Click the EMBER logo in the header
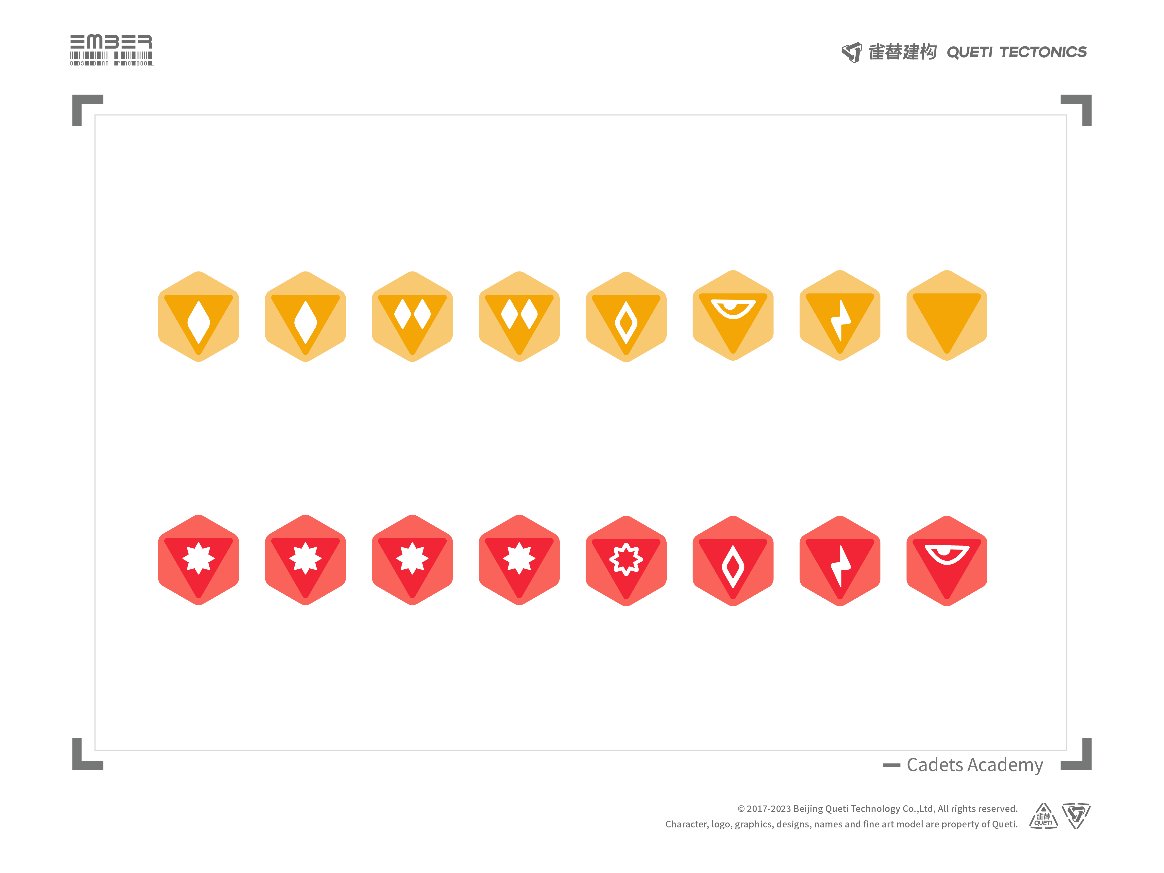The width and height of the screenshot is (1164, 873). (x=111, y=50)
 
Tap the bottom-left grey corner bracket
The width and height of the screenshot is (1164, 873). (x=84, y=758)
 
